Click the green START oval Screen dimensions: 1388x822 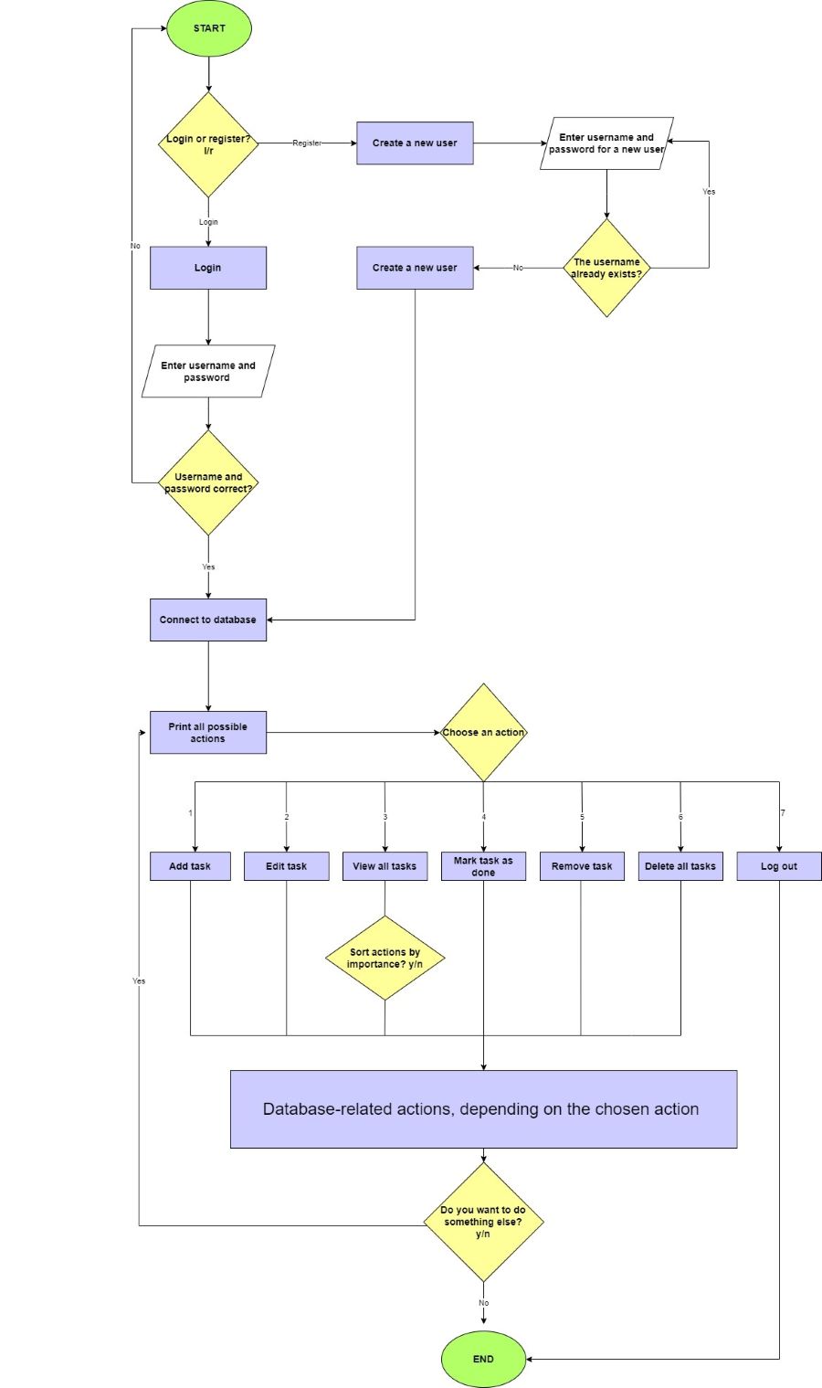[208, 28]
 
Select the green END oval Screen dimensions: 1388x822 [483, 1359]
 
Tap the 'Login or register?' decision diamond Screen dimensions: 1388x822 [208, 144]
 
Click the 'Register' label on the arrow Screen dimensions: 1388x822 [307, 143]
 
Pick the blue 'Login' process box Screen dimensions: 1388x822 [208, 268]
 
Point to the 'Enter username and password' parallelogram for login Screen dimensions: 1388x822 [208, 371]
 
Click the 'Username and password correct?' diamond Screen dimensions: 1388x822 [208, 482]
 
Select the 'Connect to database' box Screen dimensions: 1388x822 [208, 620]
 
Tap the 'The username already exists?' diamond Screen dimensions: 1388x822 [606, 268]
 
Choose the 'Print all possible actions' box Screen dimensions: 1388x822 [208, 733]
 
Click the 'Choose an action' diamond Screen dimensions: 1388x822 [483, 733]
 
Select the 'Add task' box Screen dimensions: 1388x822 [190, 866]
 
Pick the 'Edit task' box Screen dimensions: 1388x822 [286, 866]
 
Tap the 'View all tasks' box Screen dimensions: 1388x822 [385, 866]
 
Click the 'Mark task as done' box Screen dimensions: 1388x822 [483, 866]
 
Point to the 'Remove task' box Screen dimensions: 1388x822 [582, 866]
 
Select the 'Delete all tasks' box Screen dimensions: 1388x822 [680, 866]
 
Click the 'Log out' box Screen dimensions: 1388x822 [779, 866]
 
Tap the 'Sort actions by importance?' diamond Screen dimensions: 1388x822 [385, 958]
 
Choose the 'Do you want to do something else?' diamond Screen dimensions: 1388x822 [483, 1222]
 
